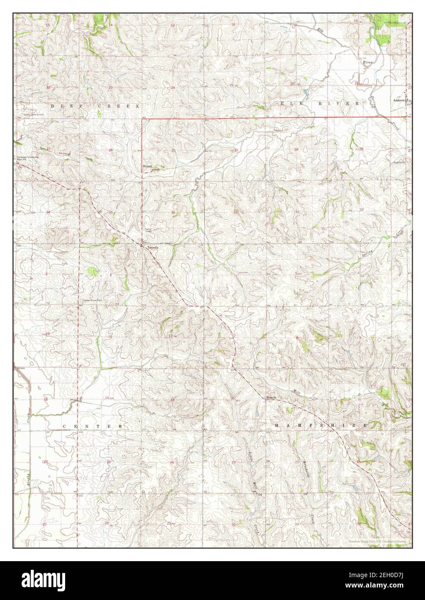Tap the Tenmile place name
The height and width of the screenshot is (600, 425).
tap(153, 247)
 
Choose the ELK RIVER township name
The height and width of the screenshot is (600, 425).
tap(319, 104)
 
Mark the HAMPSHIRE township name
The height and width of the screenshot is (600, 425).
tap(321, 425)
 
